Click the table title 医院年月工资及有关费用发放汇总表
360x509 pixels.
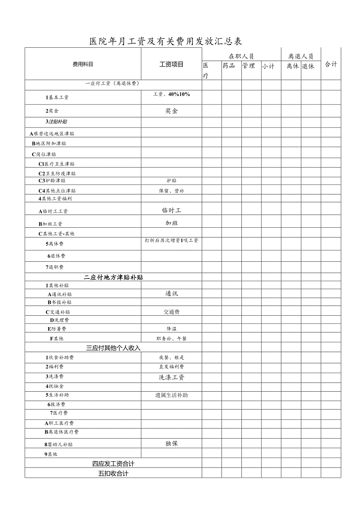(166, 41)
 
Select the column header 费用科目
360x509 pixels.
(83, 65)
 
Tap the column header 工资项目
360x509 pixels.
(171, 65)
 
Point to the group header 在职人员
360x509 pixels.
(241, 56)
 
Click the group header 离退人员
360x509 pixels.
(301, 56)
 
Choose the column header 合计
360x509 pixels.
(331, 65)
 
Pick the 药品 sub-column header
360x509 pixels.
(229, 66)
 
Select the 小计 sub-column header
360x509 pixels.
(268, 66)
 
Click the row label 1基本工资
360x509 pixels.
(57, 97)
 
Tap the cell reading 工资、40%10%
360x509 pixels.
(172, 94)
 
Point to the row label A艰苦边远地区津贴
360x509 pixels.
(52, 133)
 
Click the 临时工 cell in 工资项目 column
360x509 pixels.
(171, 210)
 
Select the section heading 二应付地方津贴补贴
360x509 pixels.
(113, 277)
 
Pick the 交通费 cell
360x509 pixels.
(171, 312)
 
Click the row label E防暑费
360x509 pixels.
(57, 329)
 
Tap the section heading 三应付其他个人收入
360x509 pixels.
(113, 348)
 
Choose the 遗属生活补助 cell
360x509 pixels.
(171, 395)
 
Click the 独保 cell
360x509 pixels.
(171, 444)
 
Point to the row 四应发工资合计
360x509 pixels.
(113, 464)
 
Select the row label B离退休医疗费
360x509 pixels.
(61, 432)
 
